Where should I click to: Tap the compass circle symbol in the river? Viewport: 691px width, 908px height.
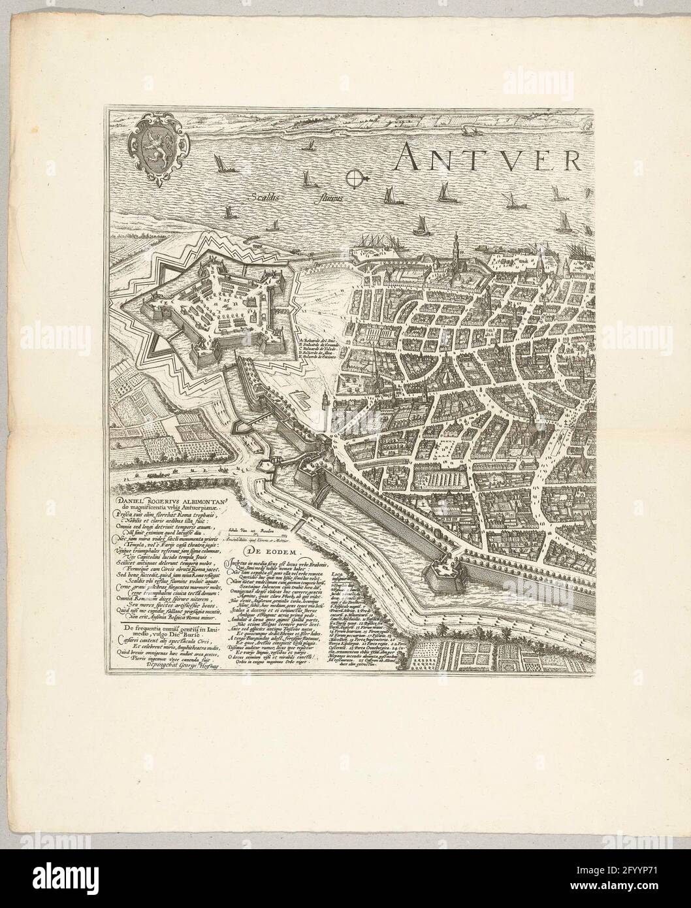pos(353,176)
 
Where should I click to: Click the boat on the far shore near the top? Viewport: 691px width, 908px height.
pos(468,131)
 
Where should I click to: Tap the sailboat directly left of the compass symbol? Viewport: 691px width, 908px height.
pos(310,175)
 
